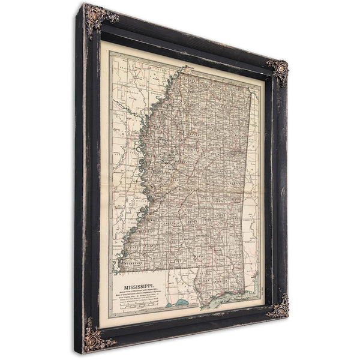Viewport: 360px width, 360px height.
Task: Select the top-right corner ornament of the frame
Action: [x=278, y=70]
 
